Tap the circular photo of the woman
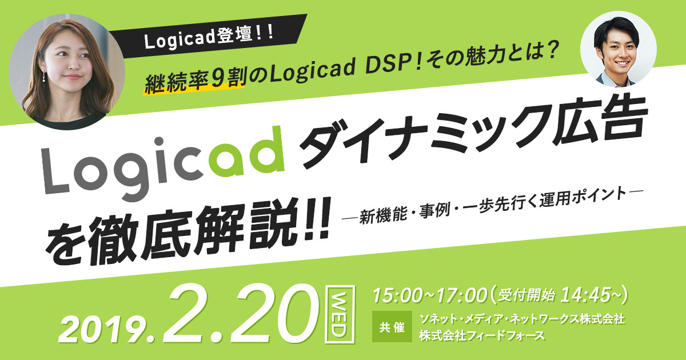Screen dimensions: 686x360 (67, 72)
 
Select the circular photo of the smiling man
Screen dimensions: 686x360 (619, 49)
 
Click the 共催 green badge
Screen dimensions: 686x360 (392, 327)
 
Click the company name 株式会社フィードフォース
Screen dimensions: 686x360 (482, 335)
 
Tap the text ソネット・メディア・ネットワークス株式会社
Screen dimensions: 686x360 (522, 319)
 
